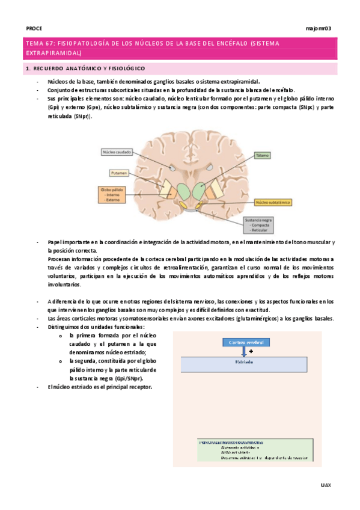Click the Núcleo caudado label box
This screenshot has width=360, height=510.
(x=118, y=153)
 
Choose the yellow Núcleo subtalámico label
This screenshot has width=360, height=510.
(x=273, y=203)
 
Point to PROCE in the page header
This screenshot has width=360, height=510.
(x=34, y=28)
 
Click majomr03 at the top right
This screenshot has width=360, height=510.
(x=319, y=28)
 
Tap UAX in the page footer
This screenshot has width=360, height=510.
(x=326, y=484)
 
